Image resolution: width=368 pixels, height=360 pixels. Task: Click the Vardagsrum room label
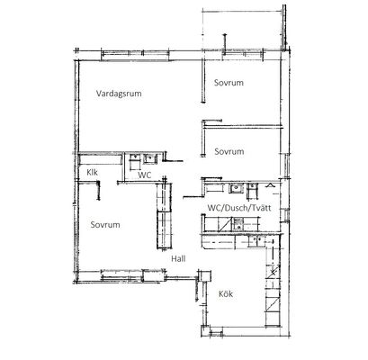pyautogui.click(x=119, y=94)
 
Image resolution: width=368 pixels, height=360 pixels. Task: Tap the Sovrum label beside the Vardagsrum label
pyautogui.click(x=229, y=83)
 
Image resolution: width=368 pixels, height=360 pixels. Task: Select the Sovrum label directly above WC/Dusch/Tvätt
pyautogui.click(x=229, y=151)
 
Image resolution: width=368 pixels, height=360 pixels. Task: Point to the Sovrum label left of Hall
pyautogui.click(x=105, y=225)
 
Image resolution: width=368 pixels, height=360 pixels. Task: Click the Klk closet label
pyautogui.click(x=92, y=173)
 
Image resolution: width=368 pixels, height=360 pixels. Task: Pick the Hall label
pyautogui.click(x=178, y=258)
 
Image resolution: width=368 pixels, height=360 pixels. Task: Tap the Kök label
pyautogui.click(x=226, y=294)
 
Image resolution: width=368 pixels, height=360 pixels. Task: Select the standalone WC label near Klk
pyautogui.click(x=144, y=175)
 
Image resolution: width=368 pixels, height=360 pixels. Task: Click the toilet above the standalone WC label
pyautogui.click(x=135, y=162)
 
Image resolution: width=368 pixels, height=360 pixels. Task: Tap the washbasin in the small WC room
pyautogui.click(x=149, y=158)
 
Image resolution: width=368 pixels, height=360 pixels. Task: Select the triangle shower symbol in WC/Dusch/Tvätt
pyautogui.click(x=270, y=185)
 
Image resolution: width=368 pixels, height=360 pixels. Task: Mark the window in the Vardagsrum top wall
pyautogui.click(x=135, y=55)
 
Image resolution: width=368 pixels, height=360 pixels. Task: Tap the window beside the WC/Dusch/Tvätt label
pyautogui.click(x=287, y=215)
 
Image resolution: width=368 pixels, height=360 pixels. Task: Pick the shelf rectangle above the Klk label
pyautogui.click(x=100, y=159)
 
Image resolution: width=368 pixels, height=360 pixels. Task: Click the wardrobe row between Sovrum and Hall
pyautogui.click(x=164, y=216)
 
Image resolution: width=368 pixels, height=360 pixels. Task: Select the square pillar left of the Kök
pyautogui.click(x=205, y=275)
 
